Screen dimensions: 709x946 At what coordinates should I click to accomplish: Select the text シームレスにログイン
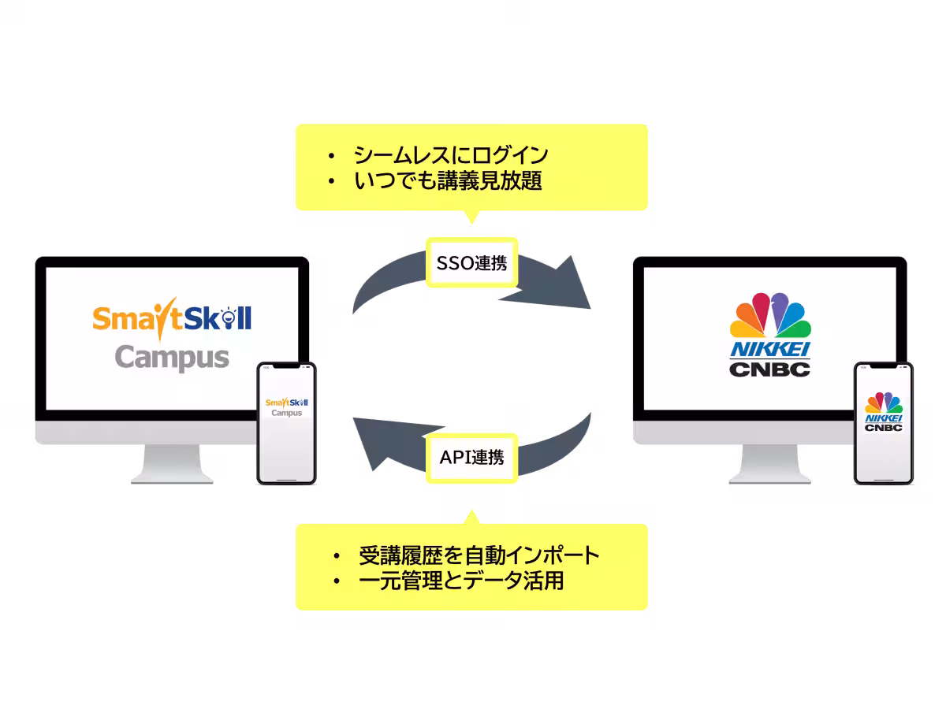tap(450, 154)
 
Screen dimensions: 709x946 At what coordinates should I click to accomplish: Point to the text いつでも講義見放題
tap(447, 181)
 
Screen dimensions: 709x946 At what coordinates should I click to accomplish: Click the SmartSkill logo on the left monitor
tap(172, 318)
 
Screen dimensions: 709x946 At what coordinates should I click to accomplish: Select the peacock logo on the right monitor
tap(770, 317)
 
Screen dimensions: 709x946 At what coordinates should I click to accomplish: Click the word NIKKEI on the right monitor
tap(770, 350)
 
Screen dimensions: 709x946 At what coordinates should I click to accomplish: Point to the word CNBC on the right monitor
tap(770, 368)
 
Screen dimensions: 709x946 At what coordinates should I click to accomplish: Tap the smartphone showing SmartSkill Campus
tap(286, 423)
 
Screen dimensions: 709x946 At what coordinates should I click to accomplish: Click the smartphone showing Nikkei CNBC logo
tap(884, 423)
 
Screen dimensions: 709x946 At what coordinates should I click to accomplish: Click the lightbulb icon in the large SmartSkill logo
tap(229, 318)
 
